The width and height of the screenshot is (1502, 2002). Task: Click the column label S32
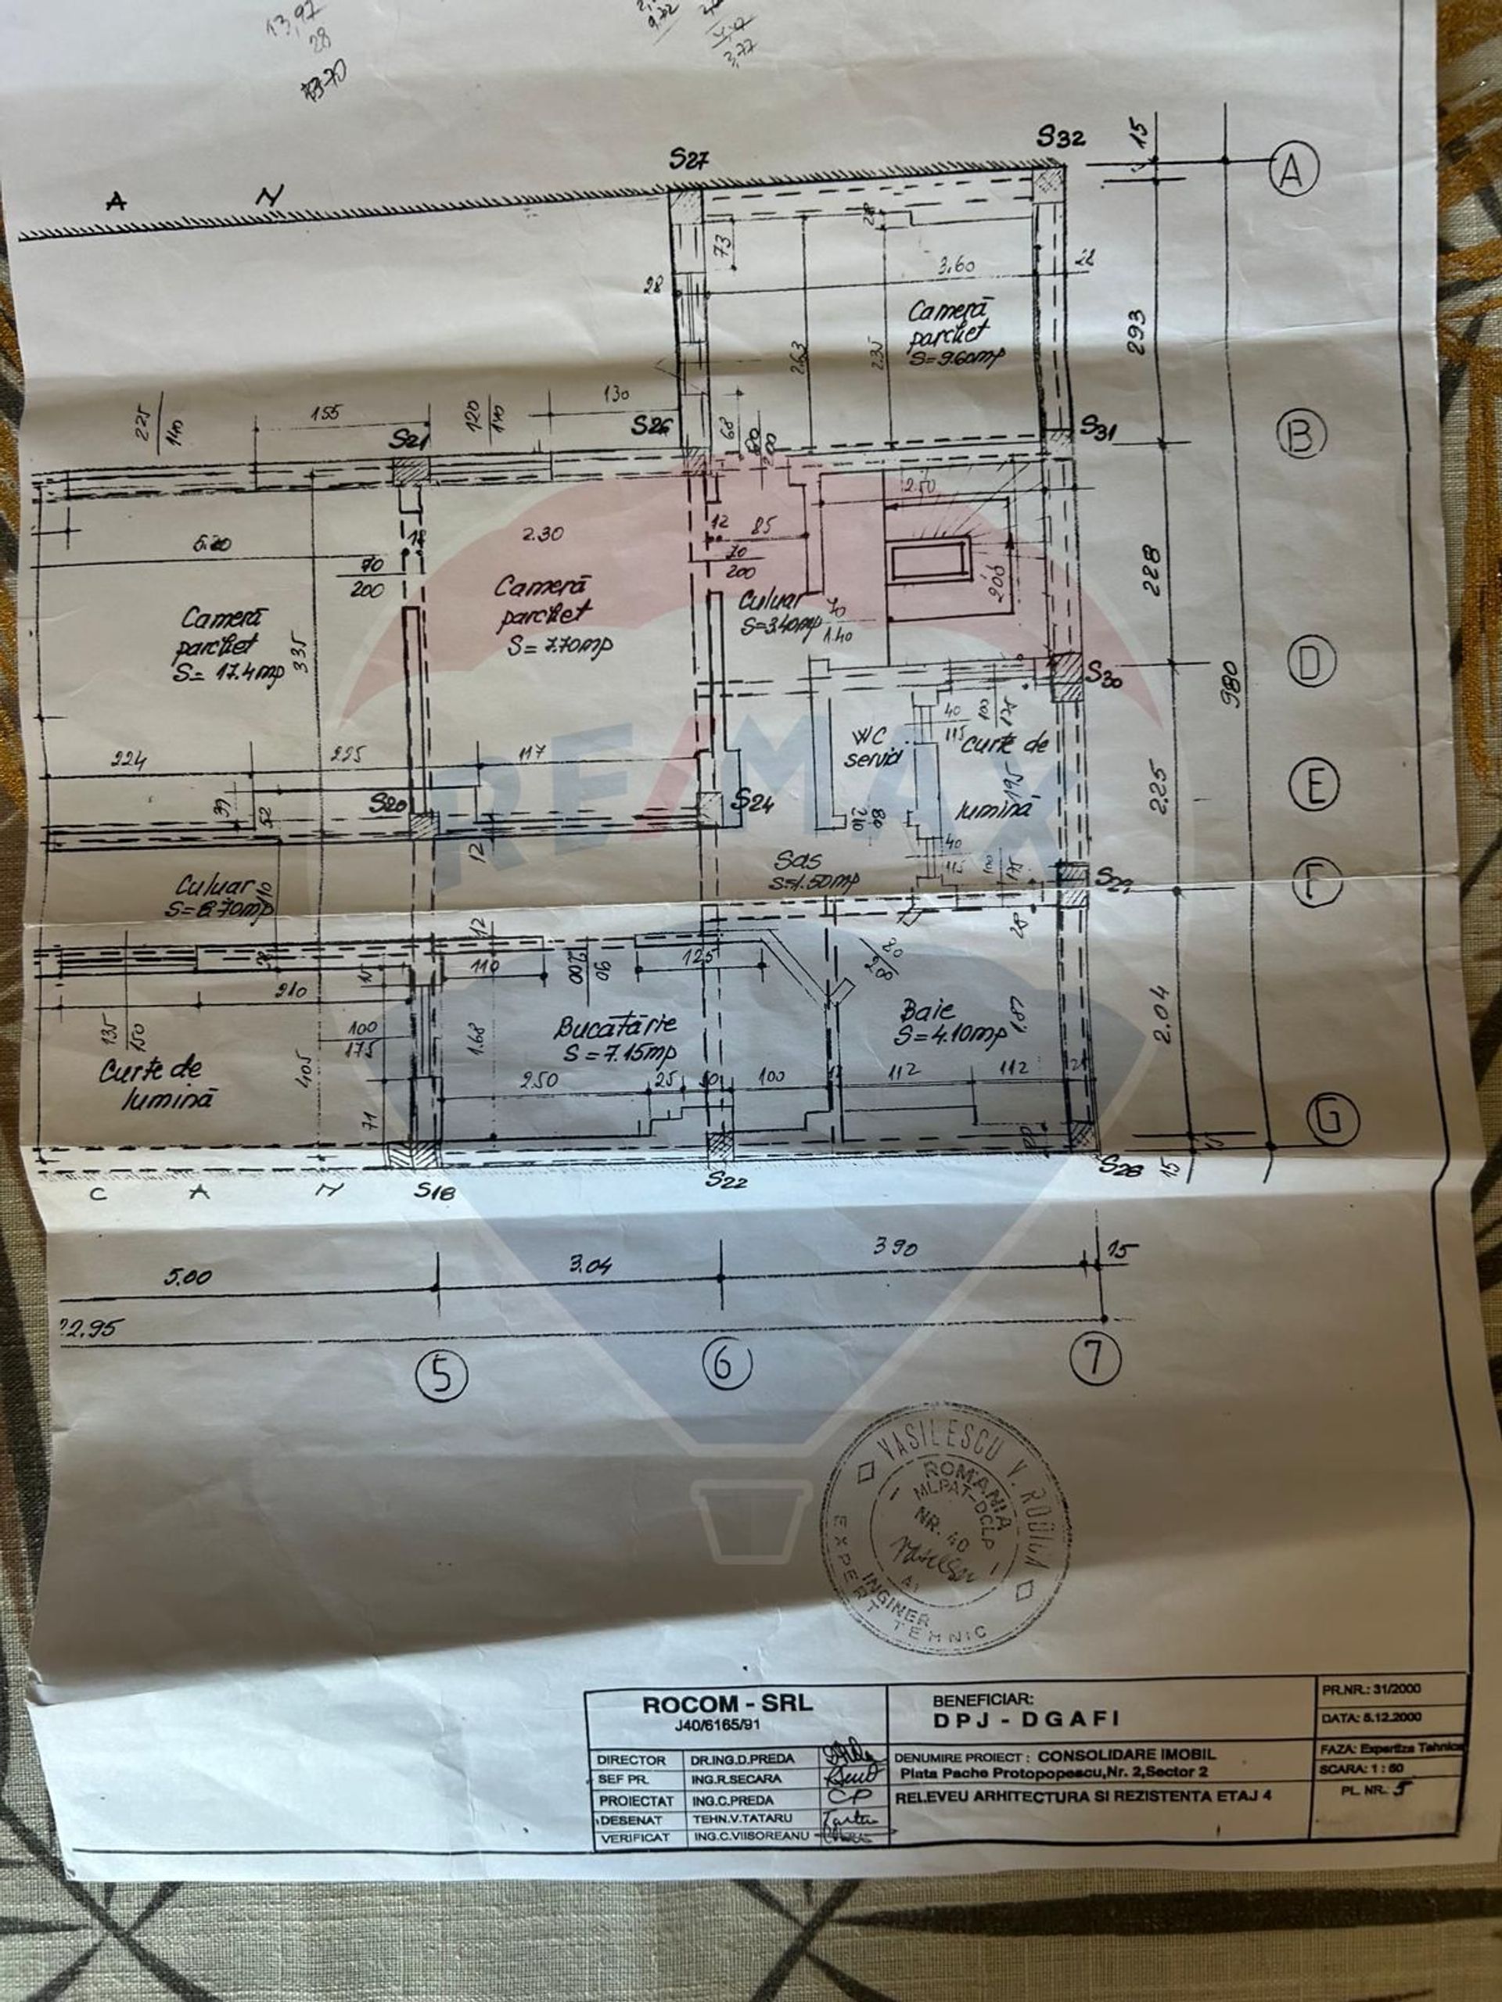1060,138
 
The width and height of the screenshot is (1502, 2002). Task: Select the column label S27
689,160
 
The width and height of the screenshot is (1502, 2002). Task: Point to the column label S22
727,1179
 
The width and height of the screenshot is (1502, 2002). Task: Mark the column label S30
1107,673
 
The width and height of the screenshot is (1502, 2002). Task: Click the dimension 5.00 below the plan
189,1277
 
